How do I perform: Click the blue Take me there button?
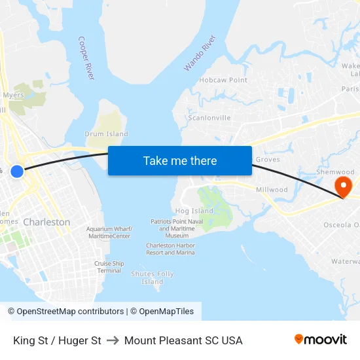tap(180, 160)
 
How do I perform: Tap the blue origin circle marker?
tap(17, 171)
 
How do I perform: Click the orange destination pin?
tap(343, 186)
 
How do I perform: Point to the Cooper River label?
tap(86, 58)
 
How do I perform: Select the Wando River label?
tap(200, 53)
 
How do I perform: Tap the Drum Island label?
tap(107, 134)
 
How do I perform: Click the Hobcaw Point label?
tap(223, 80)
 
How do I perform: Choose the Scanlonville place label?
tap(209, 118)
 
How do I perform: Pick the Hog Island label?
tap(194, 211)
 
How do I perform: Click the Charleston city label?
tap(46, 222)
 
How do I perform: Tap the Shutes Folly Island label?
tap(153, 278)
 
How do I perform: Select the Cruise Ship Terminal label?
tap(109, 267)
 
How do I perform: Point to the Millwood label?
tap(272, 190)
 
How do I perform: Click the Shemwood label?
tap(335, 172)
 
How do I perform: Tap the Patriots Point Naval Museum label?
tap(173, 228)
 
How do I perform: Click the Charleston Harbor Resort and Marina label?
tap(170, 249)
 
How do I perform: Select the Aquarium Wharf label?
tap(109, 232)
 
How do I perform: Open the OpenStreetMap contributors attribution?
tap(66, 312)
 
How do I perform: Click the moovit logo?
tap(321, 340)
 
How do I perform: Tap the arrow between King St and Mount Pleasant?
tap(113, 340)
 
